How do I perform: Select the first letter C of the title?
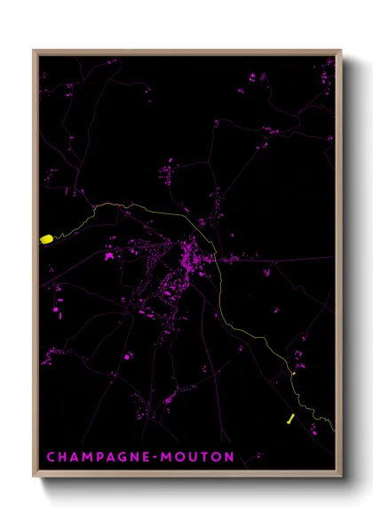click(50, 456)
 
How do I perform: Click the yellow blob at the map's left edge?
click(46, 238)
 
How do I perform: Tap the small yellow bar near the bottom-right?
click(290, 418)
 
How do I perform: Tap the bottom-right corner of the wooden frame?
click(340, 478)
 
